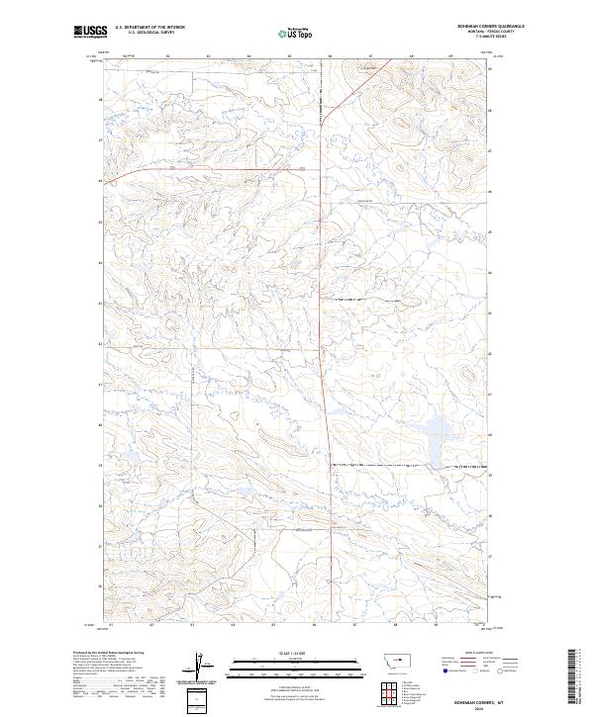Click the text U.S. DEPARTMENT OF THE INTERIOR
click(149, 28)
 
